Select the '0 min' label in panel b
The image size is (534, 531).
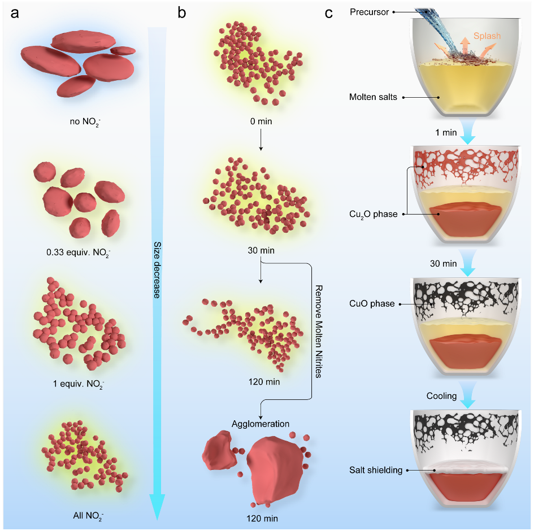[259, 120]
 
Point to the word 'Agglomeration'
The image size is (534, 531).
[260, 424]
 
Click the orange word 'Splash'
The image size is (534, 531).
[487, 36]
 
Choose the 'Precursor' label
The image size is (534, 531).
[370, 11]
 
